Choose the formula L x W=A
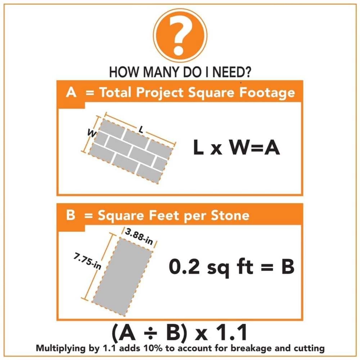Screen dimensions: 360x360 [236, 148]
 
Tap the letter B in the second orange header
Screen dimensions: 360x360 [71, 215]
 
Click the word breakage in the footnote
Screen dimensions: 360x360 [256, 348]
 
